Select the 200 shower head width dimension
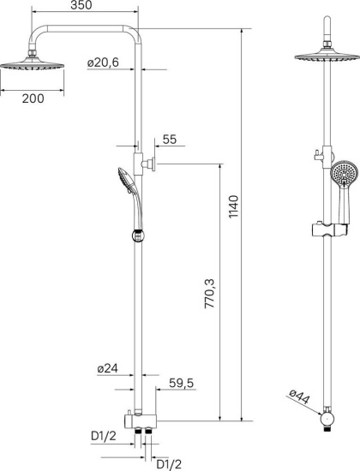pos(33,98)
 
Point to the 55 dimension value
pos(169,140)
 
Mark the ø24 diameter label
pos(108,367)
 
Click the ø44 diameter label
pos(300,397)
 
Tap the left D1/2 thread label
pos(104,436)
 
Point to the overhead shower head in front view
pos(327,57)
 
